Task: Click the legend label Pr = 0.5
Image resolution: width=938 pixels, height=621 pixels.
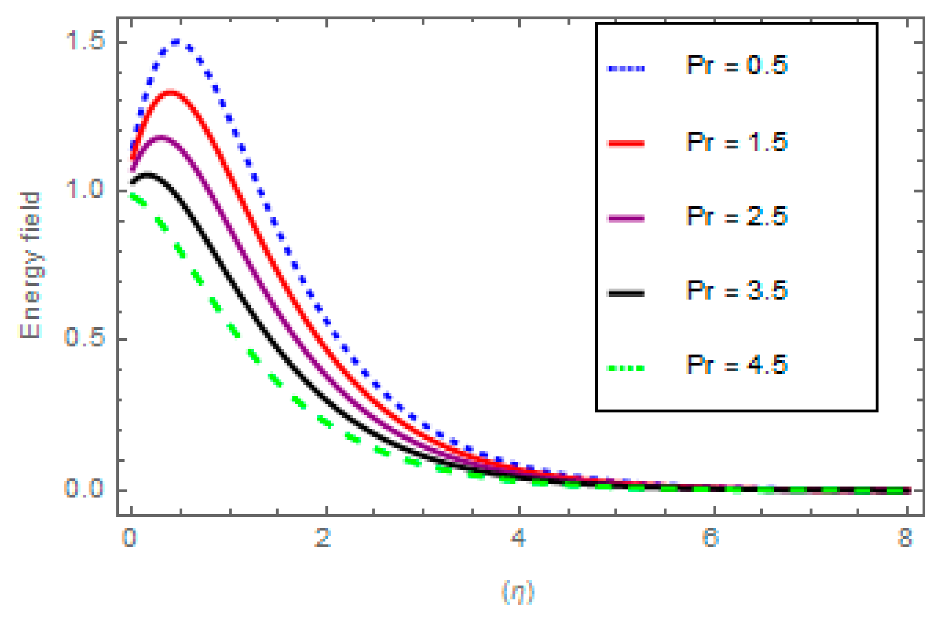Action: pos(736,66)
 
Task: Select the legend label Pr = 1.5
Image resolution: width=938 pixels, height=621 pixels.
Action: pos(736,142)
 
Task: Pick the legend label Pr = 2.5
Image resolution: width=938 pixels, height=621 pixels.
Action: pos(736,216)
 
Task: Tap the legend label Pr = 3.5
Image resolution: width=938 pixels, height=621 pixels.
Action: pos(736,291)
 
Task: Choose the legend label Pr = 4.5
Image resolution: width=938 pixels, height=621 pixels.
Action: pos(736,365)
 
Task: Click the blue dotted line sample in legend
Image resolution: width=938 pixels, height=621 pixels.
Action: pos(625,69)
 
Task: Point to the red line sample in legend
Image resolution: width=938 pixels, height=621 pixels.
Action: pos(625,143)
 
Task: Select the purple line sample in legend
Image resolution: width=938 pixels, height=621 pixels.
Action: pos(625,218)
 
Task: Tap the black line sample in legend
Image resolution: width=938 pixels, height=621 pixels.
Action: pos(625,293)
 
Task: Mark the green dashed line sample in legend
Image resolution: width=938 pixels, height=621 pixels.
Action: pos(625,368)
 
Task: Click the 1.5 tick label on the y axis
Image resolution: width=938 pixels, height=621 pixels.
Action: pos(85,41)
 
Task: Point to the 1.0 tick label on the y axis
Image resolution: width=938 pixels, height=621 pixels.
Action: pos(85,190)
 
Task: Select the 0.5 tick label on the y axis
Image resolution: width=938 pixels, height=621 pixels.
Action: pos(85,338)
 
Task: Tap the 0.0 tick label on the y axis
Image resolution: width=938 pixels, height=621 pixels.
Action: pos(85,488)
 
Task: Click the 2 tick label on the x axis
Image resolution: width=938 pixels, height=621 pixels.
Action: pos(323,538)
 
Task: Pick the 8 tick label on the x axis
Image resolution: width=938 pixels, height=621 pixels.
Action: pos(905,538)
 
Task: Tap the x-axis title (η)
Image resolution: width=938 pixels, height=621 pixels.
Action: pos(518,592)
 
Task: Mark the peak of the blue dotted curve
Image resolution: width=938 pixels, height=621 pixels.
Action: pos(176,42)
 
